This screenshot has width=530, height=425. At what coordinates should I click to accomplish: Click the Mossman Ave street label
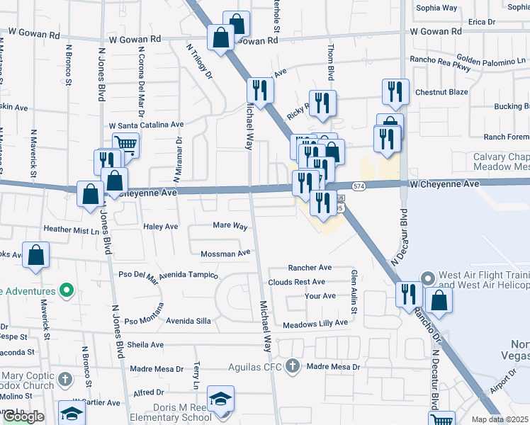(226, 253)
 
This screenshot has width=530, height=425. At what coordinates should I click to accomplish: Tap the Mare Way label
(230, 227)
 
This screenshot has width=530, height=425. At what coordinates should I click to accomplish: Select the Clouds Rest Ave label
(296, 282)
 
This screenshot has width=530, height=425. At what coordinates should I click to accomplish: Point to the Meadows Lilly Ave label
(315, 323)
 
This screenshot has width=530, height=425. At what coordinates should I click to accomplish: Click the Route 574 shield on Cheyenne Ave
(359, 186)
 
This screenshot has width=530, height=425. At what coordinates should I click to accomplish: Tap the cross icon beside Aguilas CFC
(293, 366)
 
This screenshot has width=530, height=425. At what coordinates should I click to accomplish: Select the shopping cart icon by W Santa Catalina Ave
(125, 144)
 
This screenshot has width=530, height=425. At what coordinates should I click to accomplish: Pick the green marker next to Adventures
(67, 290)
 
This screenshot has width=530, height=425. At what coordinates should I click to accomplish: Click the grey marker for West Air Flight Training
(427, 278)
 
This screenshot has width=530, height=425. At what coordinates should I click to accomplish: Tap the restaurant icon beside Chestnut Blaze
(395, 91)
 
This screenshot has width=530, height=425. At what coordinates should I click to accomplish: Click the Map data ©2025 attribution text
(500, 419)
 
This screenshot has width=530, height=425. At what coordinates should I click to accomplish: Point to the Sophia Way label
(437, 8)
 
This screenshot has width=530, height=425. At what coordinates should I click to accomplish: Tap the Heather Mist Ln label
(72, 229)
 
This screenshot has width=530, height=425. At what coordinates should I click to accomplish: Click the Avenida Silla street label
(188, 321)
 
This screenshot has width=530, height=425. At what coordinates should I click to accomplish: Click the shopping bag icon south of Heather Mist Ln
(35, 255)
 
